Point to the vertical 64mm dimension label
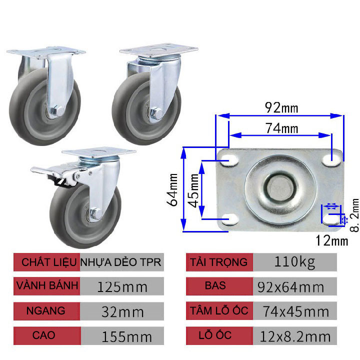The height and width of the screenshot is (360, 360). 173,190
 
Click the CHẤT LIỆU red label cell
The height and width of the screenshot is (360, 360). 45,262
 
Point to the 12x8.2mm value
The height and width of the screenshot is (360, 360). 295,336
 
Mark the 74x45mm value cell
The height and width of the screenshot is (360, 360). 295,311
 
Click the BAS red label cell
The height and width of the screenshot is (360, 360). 219,286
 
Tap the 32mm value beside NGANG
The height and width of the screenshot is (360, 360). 122,311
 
